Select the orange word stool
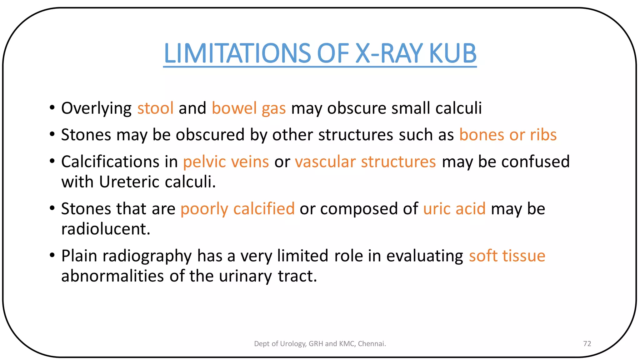point(155,108)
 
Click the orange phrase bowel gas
point(248,108)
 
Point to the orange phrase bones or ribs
point(508,135)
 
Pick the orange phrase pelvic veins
point(226,162)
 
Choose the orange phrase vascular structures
point(365,162)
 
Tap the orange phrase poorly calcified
point(237,209)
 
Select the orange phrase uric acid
point(454,209)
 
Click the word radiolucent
point(105,229)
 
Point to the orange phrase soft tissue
point(507,256)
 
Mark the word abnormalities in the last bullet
point(112,276)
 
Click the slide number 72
point(587,344)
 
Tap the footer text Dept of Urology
point(280,344)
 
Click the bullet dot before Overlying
point(52,108)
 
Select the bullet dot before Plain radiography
point(52,256)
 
